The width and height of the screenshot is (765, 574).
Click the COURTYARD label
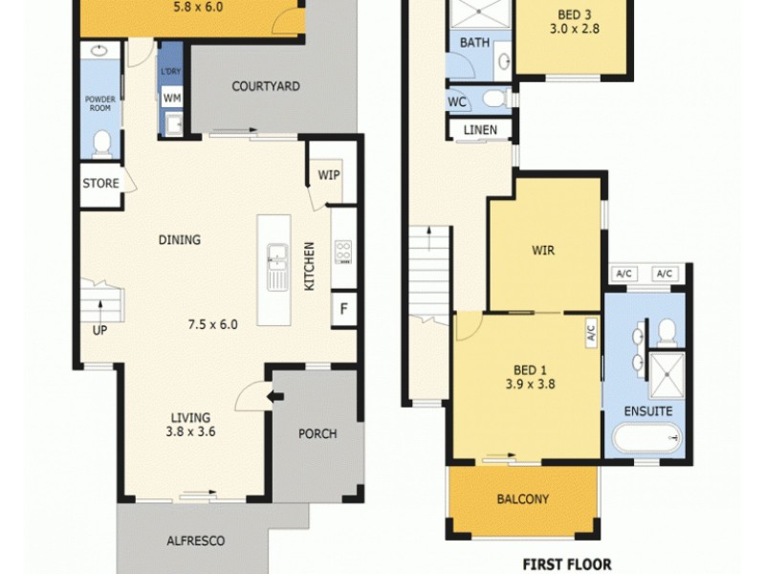266,86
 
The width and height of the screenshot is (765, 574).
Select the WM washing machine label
171,98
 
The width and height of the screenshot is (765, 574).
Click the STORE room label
99,184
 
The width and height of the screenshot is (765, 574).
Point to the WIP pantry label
328,175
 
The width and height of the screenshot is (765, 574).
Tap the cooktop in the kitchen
342,252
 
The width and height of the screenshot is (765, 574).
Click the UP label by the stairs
99,331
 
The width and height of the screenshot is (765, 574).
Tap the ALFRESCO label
194,541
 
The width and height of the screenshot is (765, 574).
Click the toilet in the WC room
493,99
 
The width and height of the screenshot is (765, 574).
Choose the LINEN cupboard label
480,130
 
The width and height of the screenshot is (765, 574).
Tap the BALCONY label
522,498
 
